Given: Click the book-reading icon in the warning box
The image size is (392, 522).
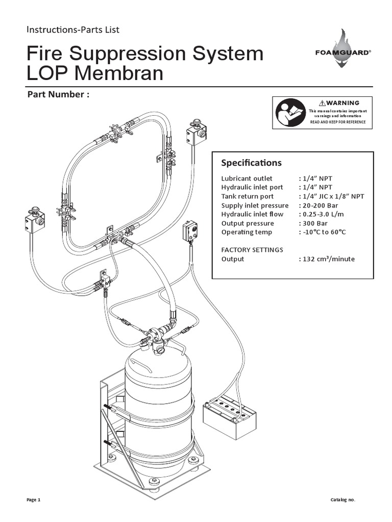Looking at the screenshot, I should [x=290, y=113].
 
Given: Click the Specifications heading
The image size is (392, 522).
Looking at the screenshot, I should [x=251, y=163].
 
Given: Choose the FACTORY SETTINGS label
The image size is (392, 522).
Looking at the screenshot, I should [x=252, y=250].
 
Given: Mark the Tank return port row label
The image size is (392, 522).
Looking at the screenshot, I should [x=247, y=196].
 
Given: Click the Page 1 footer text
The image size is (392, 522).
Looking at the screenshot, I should [x=33, y=500].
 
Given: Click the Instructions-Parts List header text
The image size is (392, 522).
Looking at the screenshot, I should [x=73, y=30].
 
